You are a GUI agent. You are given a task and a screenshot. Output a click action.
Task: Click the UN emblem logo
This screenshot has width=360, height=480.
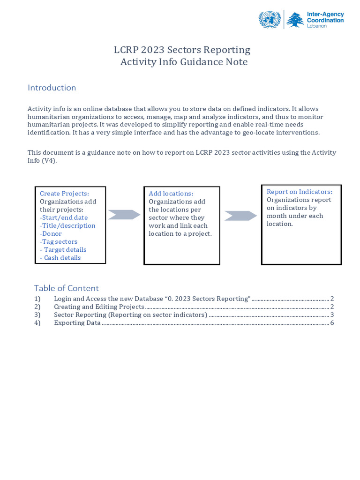tap(270, 20)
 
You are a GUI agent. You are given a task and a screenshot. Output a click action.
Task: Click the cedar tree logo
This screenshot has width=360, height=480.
tap(295, 20)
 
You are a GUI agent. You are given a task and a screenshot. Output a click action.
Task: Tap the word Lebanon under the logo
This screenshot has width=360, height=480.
tap(317, 26)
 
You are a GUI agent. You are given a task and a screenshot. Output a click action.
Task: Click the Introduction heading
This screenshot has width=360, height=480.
tap(52, 88)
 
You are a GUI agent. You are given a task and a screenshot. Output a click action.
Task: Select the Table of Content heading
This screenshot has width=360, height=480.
tap(66, 288)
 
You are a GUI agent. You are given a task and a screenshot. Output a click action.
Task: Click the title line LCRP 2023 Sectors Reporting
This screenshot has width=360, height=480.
tap(182, 50)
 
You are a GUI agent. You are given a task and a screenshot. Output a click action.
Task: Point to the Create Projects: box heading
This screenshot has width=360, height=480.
tap(64, 194)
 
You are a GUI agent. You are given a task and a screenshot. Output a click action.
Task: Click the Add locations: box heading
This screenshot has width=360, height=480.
tap(171, 194)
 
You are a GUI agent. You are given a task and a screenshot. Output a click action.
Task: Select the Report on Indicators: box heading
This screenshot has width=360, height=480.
tap(300, 192)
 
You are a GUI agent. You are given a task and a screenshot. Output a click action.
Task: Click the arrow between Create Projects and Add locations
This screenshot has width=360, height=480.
tap(124, 215)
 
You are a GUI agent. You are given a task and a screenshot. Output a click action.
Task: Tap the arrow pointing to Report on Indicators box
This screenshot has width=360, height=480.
tap(240, 216)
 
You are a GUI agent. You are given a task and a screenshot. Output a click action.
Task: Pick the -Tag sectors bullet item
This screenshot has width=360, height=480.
tap(59, 241)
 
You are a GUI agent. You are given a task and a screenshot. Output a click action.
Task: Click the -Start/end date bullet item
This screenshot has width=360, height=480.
tap(64, 217)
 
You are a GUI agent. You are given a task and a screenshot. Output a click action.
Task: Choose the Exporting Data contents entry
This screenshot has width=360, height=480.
tap(77, 322)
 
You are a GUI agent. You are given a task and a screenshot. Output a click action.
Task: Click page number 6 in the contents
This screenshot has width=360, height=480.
tap(332, 322)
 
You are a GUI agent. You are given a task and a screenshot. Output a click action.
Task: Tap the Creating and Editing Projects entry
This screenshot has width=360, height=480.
tap(99, 307)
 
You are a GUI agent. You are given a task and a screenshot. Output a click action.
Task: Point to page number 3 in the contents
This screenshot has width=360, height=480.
tap(332, 315)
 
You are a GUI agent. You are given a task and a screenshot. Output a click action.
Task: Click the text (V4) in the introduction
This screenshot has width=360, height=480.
tap(48, 160)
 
